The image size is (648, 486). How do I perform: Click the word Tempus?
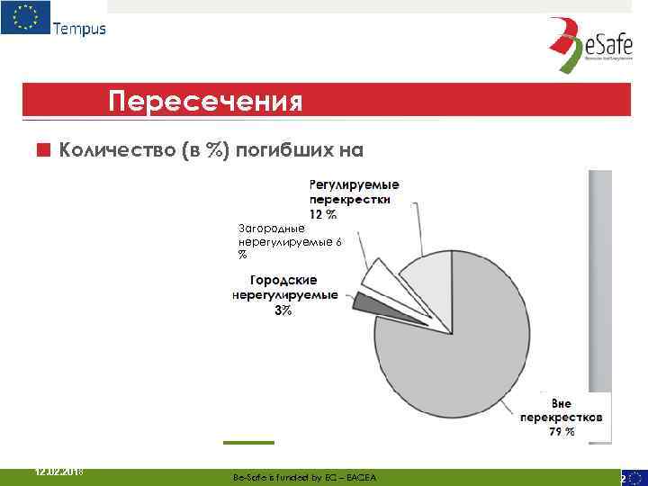click(79, 28)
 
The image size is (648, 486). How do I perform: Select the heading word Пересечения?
click(204, 100)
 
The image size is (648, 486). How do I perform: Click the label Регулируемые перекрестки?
click(355, 192)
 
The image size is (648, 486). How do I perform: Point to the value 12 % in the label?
click(323, 214)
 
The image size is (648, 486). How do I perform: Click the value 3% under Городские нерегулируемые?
click(282, 310)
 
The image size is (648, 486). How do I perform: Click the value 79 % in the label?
click(562, 432)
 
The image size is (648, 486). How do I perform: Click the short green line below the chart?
click(248, 443)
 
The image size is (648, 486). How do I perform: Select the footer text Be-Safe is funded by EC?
click(304, 477)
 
